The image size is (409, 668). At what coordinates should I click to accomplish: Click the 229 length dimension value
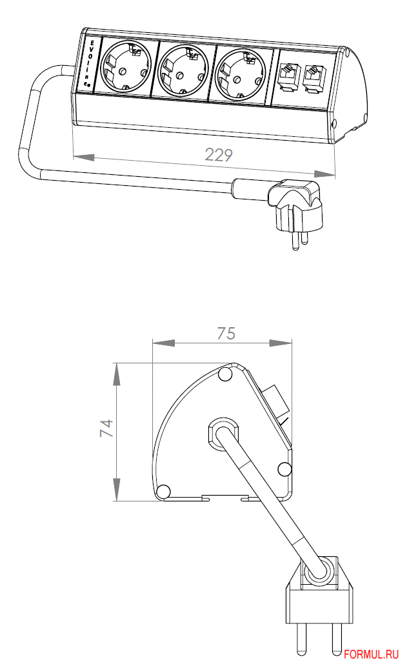[218, 155]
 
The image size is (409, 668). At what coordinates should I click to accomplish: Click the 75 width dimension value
[226, 333]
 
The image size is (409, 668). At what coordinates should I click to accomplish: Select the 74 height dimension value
[106, 429]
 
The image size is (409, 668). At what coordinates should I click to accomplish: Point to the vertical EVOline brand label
[92, 65]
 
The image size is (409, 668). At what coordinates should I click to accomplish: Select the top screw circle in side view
[226, 374]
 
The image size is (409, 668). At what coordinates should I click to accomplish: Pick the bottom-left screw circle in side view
[163, 491]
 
